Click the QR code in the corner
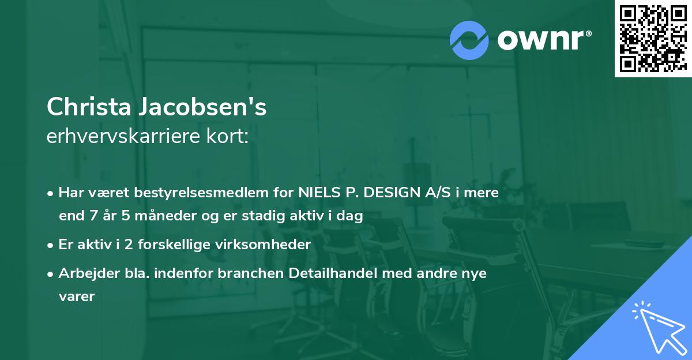652,39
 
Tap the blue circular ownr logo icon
469,40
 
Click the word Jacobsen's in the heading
201,107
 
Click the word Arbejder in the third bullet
84,273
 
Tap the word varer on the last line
76,297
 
